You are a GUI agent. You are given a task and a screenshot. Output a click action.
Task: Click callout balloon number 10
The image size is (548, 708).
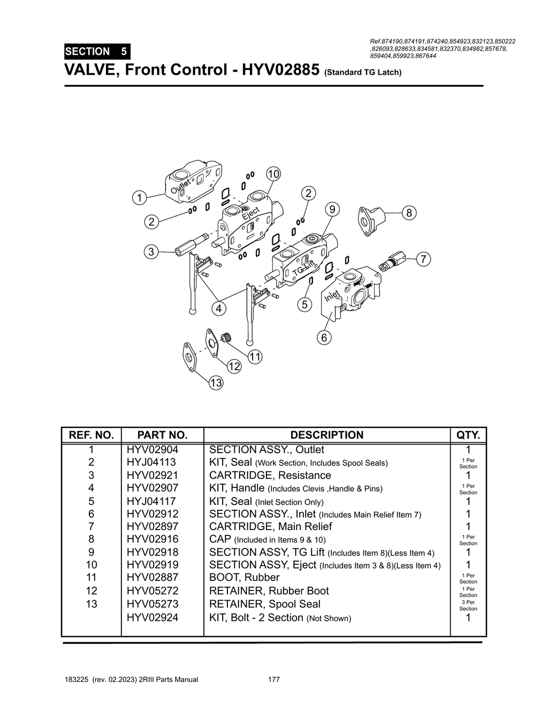tap(273, 174)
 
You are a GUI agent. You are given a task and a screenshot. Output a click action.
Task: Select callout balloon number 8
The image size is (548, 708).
tap(409, 213)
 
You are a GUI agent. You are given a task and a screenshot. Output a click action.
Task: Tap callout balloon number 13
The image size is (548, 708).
tap(216, 383)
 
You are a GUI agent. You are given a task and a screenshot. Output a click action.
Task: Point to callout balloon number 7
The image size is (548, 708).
tap(423, 259)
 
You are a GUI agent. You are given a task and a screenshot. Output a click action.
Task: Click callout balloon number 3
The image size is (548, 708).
tap(151, 252)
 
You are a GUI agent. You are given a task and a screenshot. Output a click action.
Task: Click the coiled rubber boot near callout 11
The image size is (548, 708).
tap(226, 338)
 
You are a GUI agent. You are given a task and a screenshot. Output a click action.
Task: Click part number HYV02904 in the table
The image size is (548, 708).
tap(152, 450)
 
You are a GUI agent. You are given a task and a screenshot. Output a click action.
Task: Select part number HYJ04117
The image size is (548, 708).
tap(152, 501)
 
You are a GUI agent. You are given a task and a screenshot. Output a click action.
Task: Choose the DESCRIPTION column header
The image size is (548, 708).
tap(326, 435)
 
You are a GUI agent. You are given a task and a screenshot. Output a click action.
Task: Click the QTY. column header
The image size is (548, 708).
tap(468, 435)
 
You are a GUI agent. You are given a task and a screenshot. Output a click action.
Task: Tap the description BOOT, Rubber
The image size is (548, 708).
tap(244, 578)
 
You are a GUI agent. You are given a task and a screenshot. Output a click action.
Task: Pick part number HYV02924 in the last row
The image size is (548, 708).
tap(152, 618)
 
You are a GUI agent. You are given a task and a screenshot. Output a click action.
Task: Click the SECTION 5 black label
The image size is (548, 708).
tap(96, 52)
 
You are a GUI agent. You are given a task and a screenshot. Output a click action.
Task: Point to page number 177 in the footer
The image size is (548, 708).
tap(273, 680)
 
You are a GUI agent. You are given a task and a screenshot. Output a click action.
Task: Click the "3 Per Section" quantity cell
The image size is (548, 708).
tap(468, 605)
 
